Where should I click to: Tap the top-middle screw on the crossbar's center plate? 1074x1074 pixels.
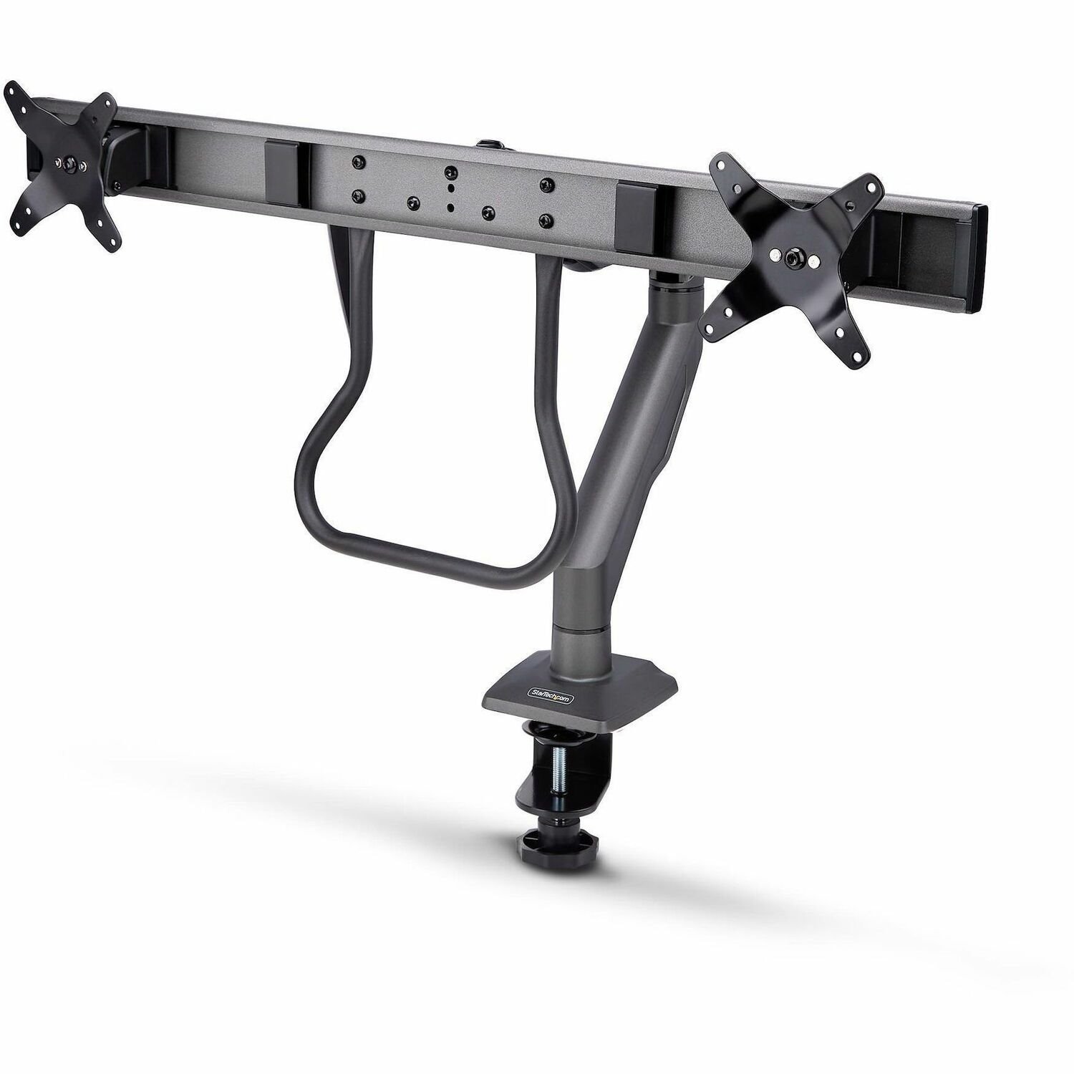pyautogui.click(x=449, y=173)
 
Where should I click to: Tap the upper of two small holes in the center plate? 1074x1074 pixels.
pyautogui.click(x=449, y=190)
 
